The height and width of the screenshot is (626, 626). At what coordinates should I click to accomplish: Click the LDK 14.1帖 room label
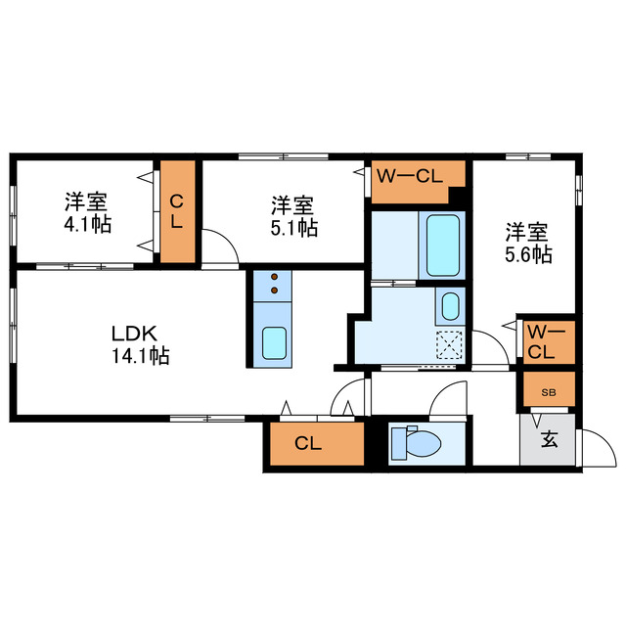coord(140,343)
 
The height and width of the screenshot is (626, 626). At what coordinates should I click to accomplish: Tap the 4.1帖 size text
coord(88,224)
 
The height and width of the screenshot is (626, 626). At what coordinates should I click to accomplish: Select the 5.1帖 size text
coord(293,227)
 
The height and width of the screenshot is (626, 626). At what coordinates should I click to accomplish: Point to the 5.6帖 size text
coord(528,254)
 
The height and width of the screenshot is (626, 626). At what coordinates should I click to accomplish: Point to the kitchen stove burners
coord(274,283)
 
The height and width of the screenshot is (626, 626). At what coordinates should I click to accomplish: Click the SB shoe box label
coord(549,392)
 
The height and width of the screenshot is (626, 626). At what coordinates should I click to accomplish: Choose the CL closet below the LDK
coord(308,444)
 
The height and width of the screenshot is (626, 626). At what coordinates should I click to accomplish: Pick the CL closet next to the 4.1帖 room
coord(177,210)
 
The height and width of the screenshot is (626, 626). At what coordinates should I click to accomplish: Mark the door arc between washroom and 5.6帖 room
coord(492,347)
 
